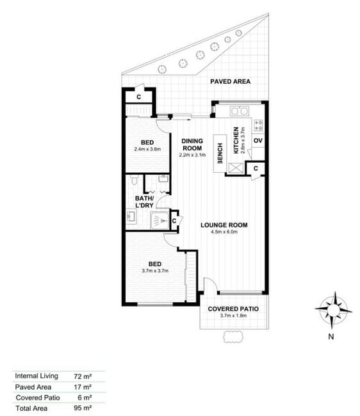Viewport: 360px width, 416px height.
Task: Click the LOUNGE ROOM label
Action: (x=224, y=225)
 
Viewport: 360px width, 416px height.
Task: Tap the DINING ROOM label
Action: (x=192, y=145)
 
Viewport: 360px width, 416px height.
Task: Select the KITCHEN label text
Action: (x=236, y=140)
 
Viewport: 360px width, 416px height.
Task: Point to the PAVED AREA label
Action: (x=230, y=81)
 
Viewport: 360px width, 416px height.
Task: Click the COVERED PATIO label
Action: (x=233, y=309)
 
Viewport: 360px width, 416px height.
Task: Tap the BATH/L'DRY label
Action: (x=144, y=202)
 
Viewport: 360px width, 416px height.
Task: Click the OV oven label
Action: (x=258, y=140)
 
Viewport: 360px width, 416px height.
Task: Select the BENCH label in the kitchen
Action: (x=220, y=154)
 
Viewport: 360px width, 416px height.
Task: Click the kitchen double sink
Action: (x=239, y=111)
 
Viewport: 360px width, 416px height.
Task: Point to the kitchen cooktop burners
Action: (x=258, y=125)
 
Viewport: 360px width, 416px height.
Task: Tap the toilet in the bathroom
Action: (x=135, y=179)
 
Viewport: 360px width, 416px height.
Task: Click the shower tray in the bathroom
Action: (x=160, y=220)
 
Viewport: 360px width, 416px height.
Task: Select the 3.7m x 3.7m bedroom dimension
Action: (x=155, y=271)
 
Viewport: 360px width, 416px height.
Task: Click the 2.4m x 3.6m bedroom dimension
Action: (x=147, y=149)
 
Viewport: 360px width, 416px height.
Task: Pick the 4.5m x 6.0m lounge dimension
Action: (x=224, y=232)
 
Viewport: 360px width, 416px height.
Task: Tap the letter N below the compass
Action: (x=331, y=337)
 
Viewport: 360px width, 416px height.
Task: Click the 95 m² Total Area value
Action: (x=83, y=408)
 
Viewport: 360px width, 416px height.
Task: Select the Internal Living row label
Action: (x=37, y=376)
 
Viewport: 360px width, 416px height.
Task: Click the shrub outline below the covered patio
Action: (x=233, y=337)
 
